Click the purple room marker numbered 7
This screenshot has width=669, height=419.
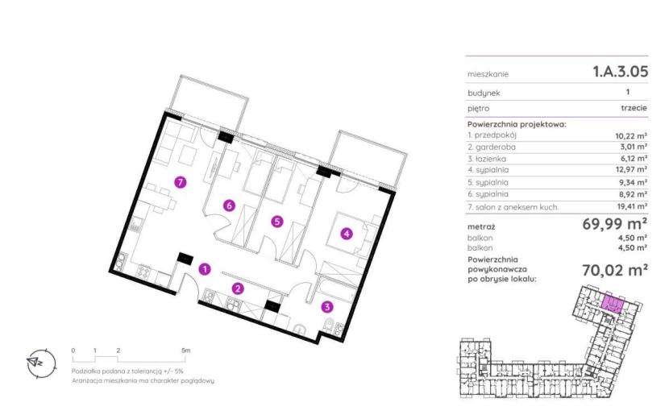(181, 182)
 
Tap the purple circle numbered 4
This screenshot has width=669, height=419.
(347, 234)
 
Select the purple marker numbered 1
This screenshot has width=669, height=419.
(206, 269)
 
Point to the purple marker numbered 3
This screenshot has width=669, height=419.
(327, 306)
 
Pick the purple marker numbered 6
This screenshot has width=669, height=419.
(229, 205)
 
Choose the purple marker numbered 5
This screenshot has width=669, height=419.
(277, 222)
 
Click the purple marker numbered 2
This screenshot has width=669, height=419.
(238, 288)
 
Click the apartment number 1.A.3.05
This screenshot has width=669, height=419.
(621, 71)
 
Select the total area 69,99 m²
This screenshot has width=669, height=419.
(615, 223)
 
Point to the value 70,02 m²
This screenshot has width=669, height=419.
(615, 270)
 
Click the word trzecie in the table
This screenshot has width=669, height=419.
(634, 108)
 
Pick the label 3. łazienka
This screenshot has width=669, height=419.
(487, 159)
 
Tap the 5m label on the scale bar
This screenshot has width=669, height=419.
(185, 351)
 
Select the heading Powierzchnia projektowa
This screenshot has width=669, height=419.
(517, 125)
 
